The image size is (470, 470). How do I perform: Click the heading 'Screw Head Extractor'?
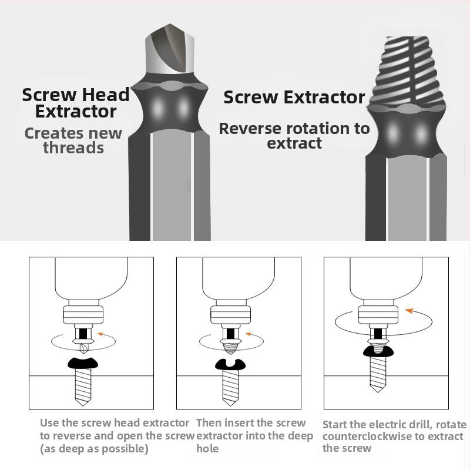76,103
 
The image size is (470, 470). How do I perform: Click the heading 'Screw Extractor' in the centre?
294,97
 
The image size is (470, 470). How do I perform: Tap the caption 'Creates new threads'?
73,140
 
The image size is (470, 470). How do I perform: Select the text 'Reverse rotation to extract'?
294,136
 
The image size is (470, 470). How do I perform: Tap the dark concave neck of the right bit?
407,132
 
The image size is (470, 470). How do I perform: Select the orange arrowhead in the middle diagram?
248,334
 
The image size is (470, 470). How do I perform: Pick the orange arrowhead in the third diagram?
409,311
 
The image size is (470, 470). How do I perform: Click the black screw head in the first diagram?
83,363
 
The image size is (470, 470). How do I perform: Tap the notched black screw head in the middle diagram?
230,364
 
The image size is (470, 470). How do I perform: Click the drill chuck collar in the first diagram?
83,314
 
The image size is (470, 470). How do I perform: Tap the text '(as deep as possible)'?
94,448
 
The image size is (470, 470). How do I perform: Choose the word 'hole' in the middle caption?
207,448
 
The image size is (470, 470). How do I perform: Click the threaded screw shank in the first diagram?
83,387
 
